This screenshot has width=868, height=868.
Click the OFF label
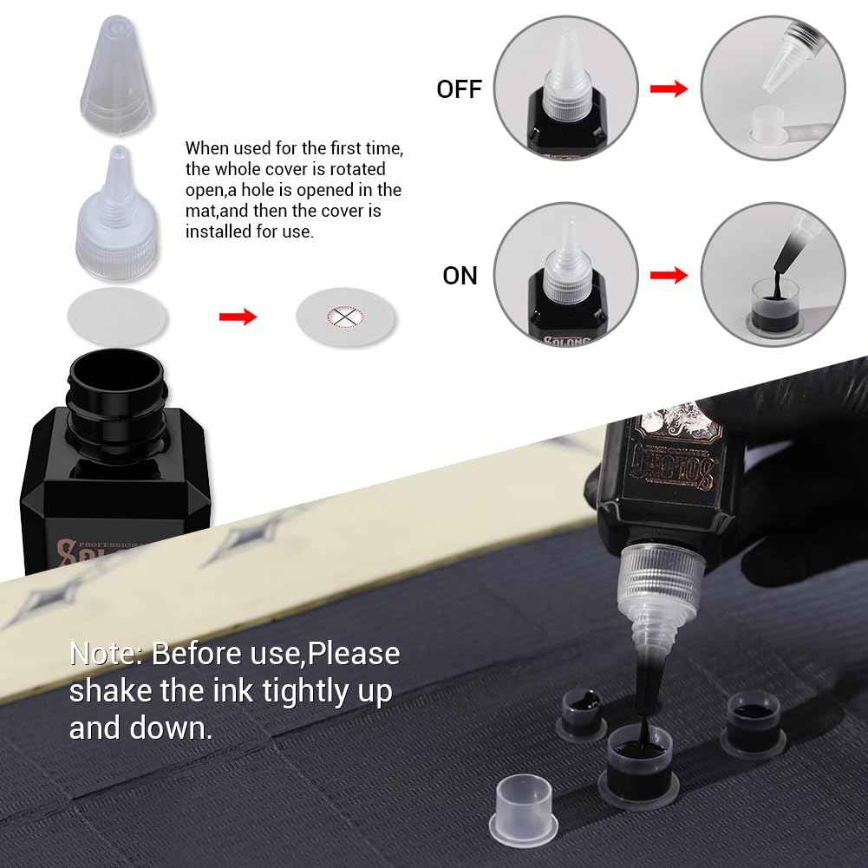tap(459, 88)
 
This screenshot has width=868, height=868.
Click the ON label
tap(460, 275)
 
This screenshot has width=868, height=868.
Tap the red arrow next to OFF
tap(669, 88)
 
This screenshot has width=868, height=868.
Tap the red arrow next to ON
tap(669, 275)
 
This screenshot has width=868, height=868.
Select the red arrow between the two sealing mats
tap(238, 317)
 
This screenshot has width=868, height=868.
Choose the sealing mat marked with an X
tap(346, 317)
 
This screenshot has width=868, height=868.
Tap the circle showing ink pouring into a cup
tap(772, 275)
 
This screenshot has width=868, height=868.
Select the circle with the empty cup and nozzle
tap(772, 88)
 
